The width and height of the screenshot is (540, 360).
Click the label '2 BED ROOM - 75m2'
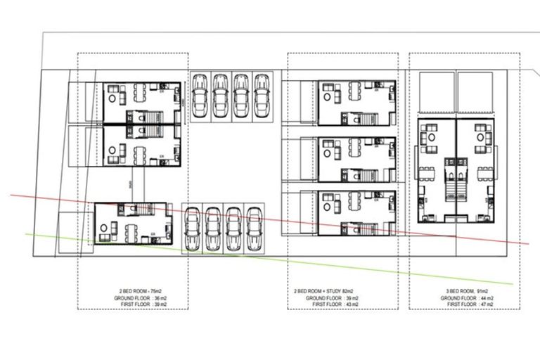point(133,290)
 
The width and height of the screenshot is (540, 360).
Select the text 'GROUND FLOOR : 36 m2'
point(133,297)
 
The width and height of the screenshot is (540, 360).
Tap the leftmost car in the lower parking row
point(192,229)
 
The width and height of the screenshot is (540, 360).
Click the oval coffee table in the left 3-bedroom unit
point(428,139)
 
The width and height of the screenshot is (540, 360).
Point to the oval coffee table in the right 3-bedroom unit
point(480,139)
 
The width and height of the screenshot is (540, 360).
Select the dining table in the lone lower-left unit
point(131,227)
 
